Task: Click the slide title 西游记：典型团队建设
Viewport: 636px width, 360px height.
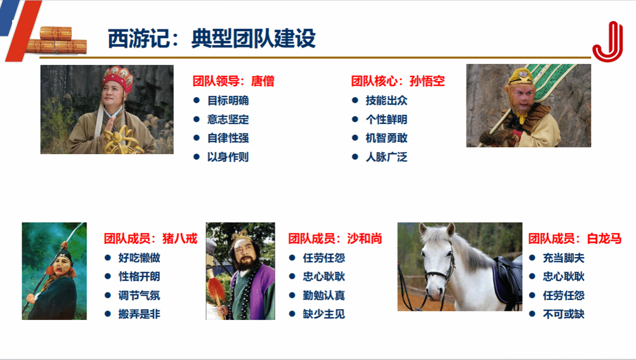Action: coord(211,39)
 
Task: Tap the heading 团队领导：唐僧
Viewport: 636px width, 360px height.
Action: coord(233,81)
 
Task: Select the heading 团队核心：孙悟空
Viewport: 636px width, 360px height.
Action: coord(398,81)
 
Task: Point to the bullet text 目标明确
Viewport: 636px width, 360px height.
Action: coord(228,100)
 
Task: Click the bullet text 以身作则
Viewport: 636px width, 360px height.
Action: coord(228,157)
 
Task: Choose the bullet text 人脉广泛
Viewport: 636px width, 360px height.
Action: coord(387,157)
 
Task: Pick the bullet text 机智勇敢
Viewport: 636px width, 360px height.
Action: coord(387,138)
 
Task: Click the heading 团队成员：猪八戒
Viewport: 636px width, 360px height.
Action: coord(151,238)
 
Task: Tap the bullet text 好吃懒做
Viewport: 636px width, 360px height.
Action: coord(139,258)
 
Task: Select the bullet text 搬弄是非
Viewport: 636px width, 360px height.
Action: coord(139,314)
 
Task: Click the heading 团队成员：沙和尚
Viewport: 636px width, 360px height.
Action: coord(335,238)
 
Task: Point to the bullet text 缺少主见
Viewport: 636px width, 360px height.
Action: coord(324,314)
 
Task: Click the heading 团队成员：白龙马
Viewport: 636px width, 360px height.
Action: coord(575,238)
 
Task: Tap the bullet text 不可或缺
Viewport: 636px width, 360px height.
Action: coord(564,314)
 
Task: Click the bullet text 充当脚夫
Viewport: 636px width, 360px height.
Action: coord(564,258)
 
